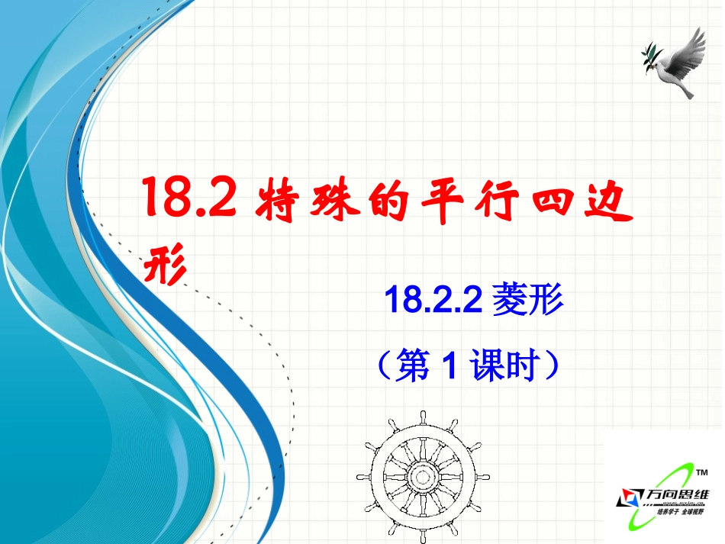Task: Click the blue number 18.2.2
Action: pyautogui.click(x=432, y=299)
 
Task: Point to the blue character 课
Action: pyautogui.click(x=488, y=365)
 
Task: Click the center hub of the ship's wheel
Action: pyautogui.click(x=421, y=476)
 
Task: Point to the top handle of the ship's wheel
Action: pyautogui.click(x=421, y=418)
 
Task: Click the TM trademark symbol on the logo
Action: pyautogui.click(x=702, y=474)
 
